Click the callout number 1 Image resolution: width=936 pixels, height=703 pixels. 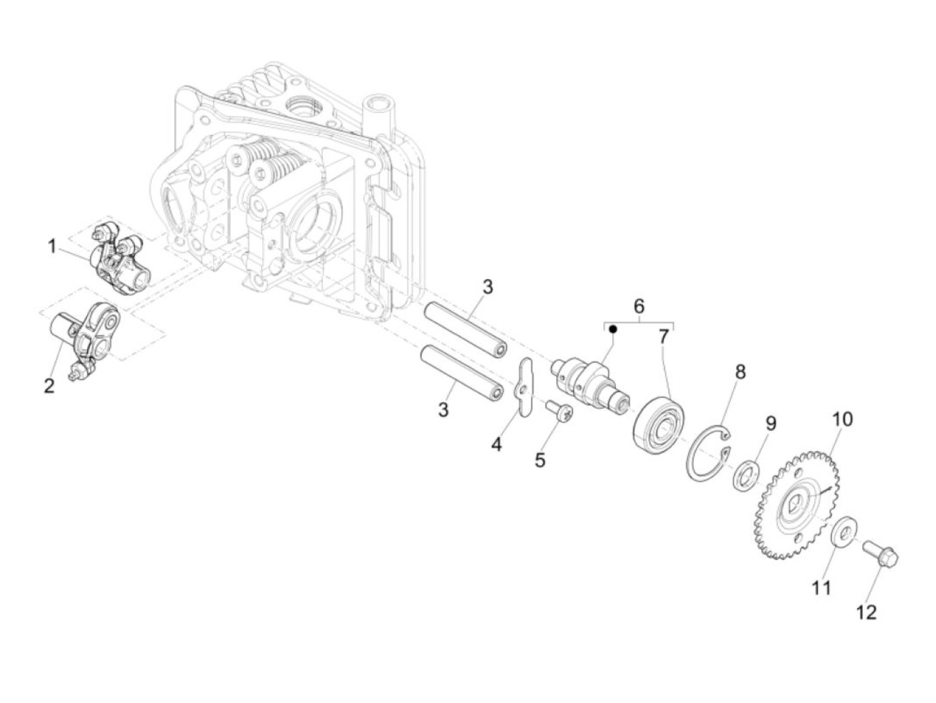51,247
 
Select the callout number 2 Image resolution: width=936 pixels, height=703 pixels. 49,386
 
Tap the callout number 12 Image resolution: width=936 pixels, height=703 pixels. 866,611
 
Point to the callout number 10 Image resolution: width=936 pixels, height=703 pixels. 842,419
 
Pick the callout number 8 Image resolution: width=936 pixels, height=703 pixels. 740,372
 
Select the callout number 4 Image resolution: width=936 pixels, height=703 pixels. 496,444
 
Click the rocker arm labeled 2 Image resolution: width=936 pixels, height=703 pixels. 84,334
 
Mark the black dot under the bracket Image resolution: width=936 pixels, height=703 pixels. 612,329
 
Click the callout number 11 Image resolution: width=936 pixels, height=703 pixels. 821,587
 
